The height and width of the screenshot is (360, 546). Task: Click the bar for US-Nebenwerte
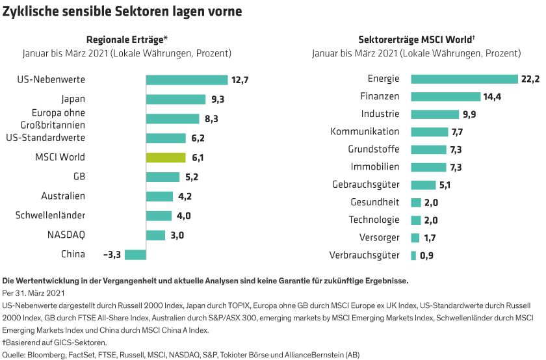[187, 80]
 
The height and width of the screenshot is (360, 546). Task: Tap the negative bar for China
[135, 254]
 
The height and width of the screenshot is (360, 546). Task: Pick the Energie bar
[464, 79]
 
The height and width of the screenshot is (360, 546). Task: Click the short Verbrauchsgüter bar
[413, 255]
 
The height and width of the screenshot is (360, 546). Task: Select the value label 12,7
[239, 80]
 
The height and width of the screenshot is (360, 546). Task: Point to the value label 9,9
[452, 114]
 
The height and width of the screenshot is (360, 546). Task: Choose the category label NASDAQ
[66, 235]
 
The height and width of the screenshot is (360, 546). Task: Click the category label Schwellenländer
[50, 215]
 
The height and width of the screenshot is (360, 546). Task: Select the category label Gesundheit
[375, 202]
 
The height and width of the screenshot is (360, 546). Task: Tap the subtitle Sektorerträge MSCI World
[415, 39]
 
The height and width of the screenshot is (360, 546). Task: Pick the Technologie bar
[416, 220]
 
